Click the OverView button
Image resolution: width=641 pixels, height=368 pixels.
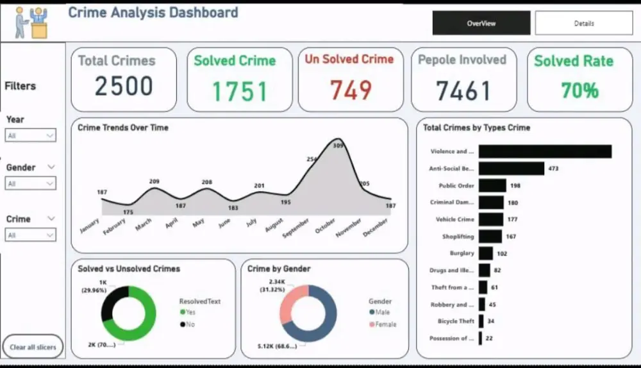click(x=481, y=23)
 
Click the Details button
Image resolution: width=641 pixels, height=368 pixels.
click(x=583, y=23)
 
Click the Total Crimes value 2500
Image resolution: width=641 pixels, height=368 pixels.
click(x=124, y=87)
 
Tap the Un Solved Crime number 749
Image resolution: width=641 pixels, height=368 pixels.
click(x=351, y=90)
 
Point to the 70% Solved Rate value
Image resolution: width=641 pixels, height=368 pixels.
click(x=579, y=90)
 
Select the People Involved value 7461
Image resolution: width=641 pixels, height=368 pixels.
click(x=463, y=91)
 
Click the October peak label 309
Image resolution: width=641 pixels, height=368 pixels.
click(x=338, y=146)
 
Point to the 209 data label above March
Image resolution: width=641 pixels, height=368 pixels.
click(x=154, y=182)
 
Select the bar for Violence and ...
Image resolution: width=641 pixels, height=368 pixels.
click(x=545, y=151)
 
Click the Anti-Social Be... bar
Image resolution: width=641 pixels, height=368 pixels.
click(x=511, y=169)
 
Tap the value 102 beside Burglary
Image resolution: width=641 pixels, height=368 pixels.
click(x=502, y=253)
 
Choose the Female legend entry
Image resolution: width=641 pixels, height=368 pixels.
click(x=385, y=324)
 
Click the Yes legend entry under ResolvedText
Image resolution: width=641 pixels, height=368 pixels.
click(x=190, y=312)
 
